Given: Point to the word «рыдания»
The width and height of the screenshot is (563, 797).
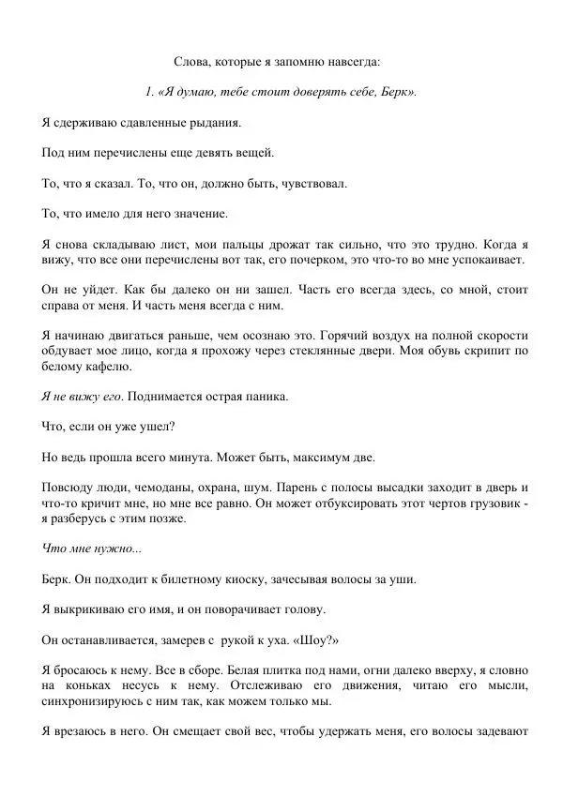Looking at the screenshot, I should [217, 122].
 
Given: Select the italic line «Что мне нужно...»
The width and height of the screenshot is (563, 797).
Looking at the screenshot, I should [92, 549].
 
